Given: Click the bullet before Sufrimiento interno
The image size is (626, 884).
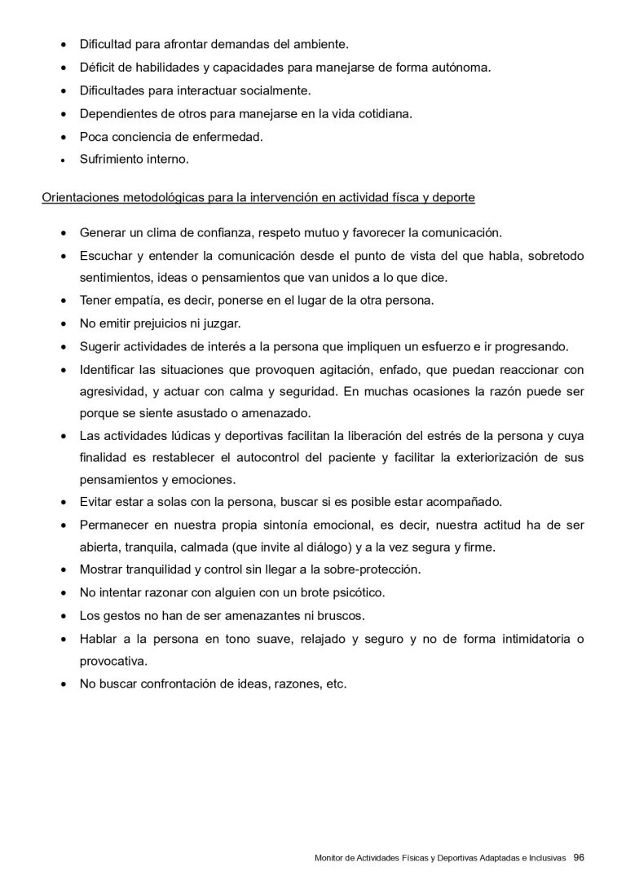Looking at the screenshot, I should click(64, 161).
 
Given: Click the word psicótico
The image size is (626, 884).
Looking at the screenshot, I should click(360, 592).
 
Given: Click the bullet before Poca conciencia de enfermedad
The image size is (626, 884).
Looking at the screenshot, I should click(64, 137).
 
